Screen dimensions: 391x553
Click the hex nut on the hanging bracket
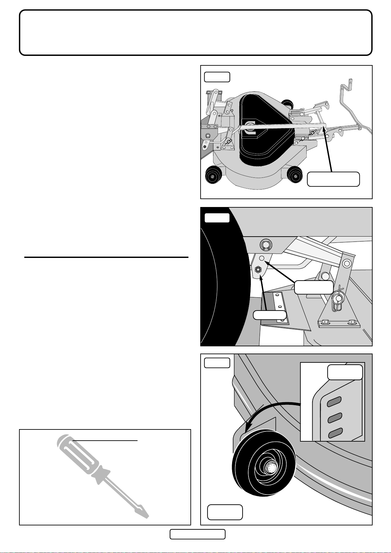[258, 270]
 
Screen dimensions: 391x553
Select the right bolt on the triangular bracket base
[352, 321]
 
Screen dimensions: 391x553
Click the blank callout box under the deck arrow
[333, 179]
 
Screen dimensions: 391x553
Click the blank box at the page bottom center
[197, 534]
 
